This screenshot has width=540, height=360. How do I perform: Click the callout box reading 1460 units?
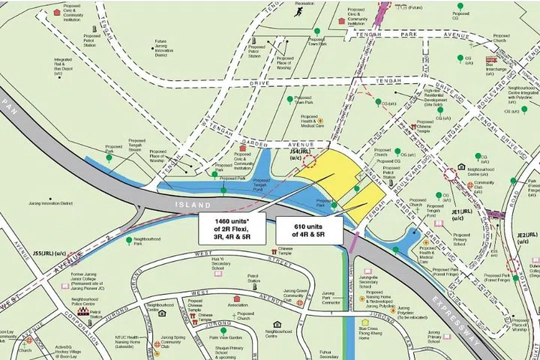pyautogui.click(x=232, y=228)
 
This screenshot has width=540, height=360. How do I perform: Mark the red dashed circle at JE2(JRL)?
pyautogui.click(x=514, y=265)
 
